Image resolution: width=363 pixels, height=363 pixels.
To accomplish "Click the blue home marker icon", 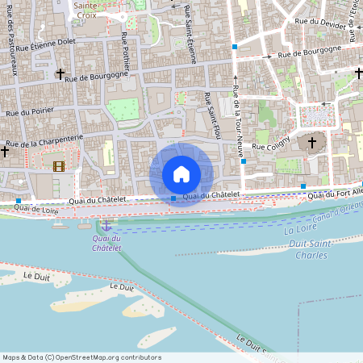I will click(181, 173).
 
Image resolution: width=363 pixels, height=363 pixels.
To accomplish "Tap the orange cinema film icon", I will click(58, 167).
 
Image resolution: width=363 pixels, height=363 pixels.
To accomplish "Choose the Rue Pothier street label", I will click(125, 48).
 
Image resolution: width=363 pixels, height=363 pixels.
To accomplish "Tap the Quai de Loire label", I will click(36, 209).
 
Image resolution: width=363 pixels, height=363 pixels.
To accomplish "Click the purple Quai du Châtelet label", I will click(106, 243).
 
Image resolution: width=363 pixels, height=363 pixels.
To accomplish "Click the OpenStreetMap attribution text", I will click(81, 357).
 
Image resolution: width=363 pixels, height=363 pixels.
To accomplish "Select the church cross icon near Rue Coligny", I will click(313, 143).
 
